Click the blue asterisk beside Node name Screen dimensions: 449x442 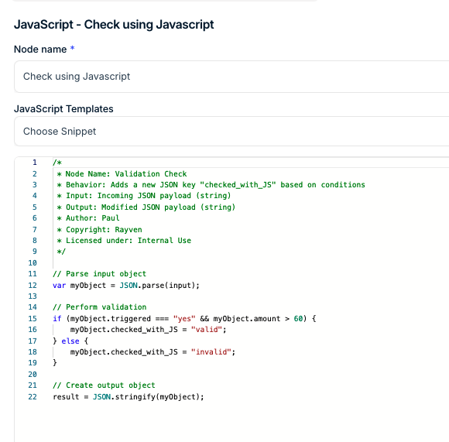tap(73, 48)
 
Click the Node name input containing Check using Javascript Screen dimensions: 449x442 tap(231, 77)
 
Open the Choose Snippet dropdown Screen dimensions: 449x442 tap(231, 132)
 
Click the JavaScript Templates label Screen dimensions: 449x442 tap(63, 109)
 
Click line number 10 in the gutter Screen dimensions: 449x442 tap(33, 262)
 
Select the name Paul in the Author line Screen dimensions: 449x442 tap(111, 218)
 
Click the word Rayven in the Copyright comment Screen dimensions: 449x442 tap(129, 230)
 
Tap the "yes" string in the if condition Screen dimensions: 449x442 tap(184, 319)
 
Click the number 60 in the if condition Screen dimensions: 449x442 tap(298, 319)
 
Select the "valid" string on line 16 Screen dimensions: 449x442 tap(207, 330)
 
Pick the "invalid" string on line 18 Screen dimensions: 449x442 tap(211, 352)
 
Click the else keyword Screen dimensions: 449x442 tap(70, 341)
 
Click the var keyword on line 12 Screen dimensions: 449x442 tap(60, 286)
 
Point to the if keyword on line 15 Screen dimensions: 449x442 tap(57, 319)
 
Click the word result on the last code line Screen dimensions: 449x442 tap(66, 397)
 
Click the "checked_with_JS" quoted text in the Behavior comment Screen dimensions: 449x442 tap(238, 185)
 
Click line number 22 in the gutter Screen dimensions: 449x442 tap(33, 397)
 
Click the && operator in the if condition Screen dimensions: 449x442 tap(204, 319)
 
